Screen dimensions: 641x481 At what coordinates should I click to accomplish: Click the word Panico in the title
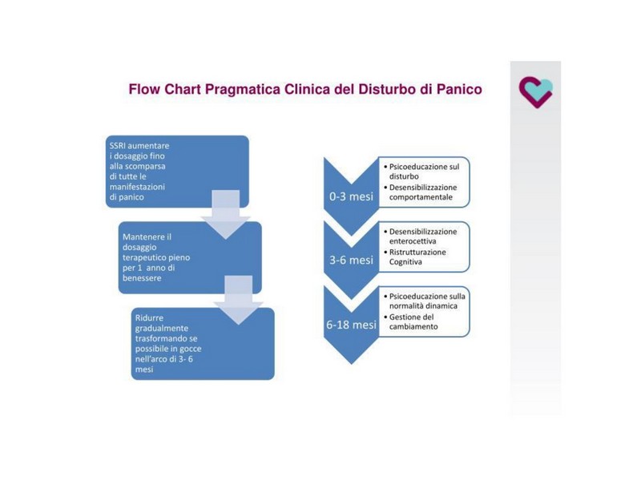click(x=459, y=89)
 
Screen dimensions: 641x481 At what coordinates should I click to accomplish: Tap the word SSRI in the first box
click(x=118, y=146)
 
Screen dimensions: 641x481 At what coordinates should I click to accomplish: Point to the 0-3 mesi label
click(x=351, y=196)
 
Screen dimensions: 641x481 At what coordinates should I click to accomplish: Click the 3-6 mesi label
click(x=351, y=260)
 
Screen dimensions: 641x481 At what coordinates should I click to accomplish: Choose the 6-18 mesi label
click(x=351, y=325)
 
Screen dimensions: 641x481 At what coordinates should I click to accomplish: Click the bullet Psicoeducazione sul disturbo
click(x=421, y=172)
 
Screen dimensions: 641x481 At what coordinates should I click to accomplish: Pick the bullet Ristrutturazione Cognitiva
click(x=415, y=257)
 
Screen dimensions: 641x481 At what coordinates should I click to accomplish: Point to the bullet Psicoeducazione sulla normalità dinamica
click(x=425, y=301)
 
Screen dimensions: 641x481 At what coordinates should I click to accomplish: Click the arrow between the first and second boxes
click(x=226, y=214)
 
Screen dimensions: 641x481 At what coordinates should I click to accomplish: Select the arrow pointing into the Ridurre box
click(x=238, y=300)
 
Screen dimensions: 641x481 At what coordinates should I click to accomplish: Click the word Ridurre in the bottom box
click(x=149, y=317)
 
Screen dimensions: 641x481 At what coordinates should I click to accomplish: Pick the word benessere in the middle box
click(x=142, y=278)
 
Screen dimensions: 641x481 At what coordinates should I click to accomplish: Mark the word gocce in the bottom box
click(x=191, y=349)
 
